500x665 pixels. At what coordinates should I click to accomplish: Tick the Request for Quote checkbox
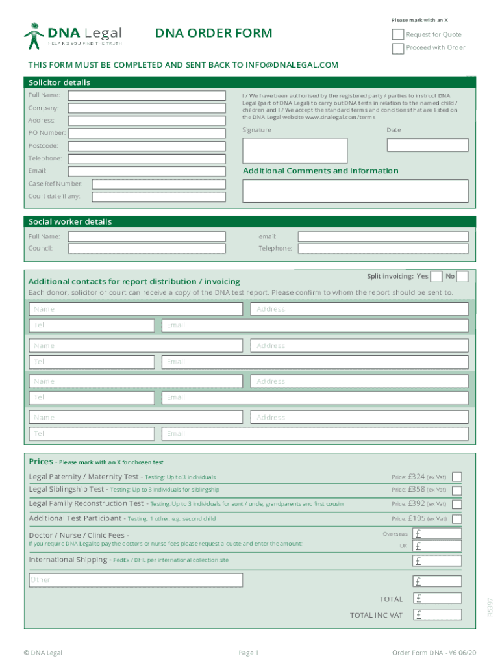coord(397,34)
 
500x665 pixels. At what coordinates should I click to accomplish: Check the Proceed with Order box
coord(397,48)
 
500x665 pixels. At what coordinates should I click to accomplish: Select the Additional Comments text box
coord(355,190)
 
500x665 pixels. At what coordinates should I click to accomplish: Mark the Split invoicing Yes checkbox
coord(437,277)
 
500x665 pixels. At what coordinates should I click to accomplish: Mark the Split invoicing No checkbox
coord(462,277)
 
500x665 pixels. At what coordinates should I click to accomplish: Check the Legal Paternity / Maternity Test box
coord(457,477)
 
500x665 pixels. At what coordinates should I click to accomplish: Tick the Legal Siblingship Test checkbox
coord(457,490)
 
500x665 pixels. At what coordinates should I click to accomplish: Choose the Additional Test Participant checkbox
coord(457,519)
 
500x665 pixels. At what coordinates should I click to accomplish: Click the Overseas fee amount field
coord(438,533)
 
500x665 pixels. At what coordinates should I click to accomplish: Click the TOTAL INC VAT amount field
coord(438,614)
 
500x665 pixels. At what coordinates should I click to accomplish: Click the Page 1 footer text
coord(249,653)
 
